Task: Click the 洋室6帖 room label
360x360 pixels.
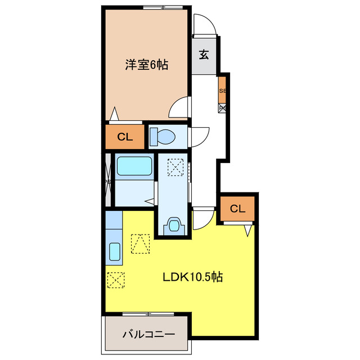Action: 146,65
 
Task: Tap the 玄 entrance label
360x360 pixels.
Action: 204,55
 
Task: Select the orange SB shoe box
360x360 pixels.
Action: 223,91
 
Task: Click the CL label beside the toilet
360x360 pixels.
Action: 124,137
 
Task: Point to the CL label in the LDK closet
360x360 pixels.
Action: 238,209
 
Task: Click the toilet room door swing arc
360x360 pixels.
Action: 198,137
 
